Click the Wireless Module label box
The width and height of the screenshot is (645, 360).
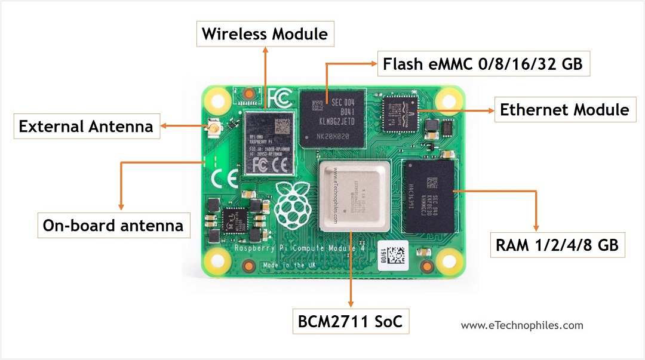[x=265, y=34]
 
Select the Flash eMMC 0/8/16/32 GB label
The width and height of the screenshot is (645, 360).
[x=483, y=63]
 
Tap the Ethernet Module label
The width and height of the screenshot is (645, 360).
[x=564, y=110]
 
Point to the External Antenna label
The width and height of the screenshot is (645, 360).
[x=86, y=127]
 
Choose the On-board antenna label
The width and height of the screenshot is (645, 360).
[x=113, y=226]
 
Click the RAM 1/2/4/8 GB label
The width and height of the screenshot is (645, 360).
[x=557, y=245]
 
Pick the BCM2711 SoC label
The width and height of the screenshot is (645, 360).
[x=350, y=322]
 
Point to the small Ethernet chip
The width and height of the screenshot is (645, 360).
[x=400, y=114]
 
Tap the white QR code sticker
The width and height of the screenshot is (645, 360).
[x=394, y=253]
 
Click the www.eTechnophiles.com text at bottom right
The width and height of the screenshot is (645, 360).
[x=522, y=325]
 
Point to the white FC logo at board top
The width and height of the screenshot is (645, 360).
[x=279, y=97]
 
